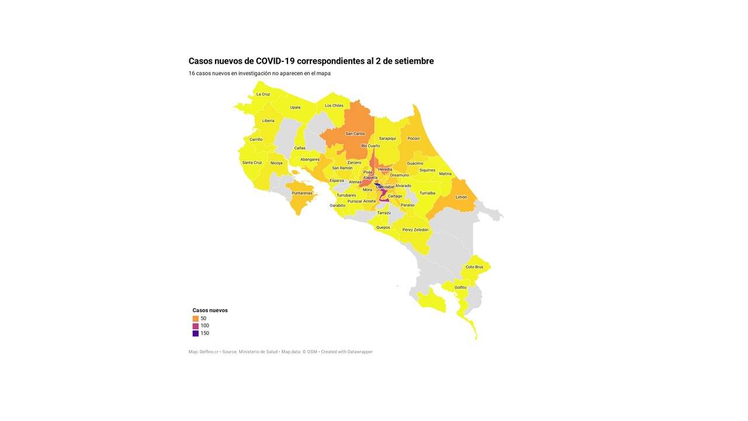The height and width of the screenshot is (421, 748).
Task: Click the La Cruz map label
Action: tap(263, 94)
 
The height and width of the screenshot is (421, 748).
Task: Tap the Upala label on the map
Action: tap(295, 108)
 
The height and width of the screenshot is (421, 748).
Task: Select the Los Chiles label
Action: tap(334, 106)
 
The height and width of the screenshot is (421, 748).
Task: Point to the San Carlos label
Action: tap(355, 134)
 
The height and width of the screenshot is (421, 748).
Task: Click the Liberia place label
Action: tap(268, 121)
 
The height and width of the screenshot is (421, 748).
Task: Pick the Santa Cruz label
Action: tap(252, 163)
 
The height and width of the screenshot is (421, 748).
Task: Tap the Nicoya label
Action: tap(276, 163)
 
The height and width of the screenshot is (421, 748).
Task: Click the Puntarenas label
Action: tap(302, 193)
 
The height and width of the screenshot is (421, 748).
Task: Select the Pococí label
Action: tap(414, 139)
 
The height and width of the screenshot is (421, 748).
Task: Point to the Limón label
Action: tap(462, 197)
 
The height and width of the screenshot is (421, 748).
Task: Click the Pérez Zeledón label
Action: tap(415, 230)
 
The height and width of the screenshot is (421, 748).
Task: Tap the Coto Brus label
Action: tap(475, 267)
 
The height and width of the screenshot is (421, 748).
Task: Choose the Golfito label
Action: tap(460, 288)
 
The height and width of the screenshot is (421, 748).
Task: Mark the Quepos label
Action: tap(383, 227)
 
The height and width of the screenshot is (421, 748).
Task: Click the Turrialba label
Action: tap(427, 193)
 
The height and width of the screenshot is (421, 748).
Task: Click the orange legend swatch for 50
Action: tap(196, 319)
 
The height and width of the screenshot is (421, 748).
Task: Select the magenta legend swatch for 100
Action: tap(196, 326)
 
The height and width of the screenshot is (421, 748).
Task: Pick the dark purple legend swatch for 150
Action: tap(196, 333)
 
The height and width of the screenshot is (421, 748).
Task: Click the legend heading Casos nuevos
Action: tap(210, 310)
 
